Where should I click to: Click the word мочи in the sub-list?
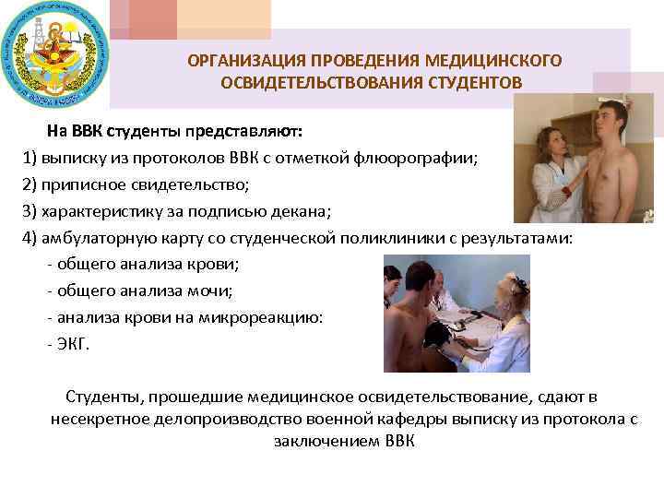pyautogui.click(x=214, y=291)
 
